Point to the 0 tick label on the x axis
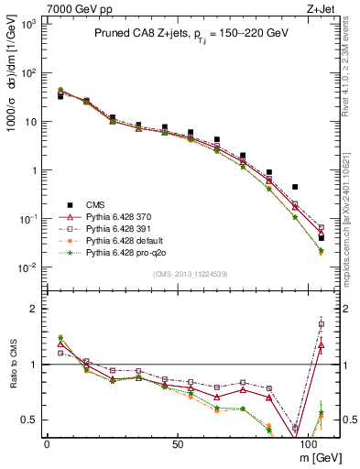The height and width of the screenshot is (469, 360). [47, 442]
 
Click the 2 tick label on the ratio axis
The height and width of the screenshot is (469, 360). [34, 309]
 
